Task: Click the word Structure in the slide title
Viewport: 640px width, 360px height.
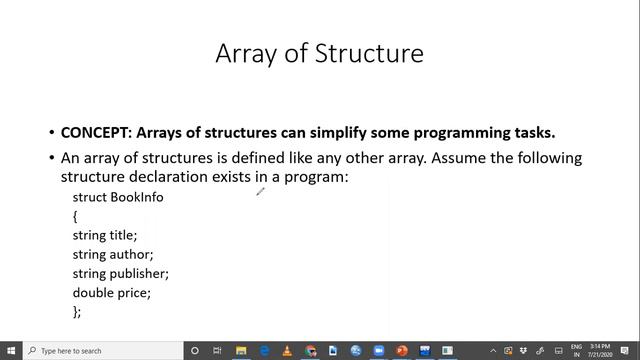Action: pos(369,53)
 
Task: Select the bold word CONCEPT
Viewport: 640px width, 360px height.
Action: pos(95,133)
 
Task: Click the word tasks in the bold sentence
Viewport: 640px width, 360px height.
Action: pos(533,133)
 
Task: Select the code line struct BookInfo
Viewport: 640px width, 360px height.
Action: pos(118,197)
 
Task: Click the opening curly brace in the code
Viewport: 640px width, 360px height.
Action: pos(75,216)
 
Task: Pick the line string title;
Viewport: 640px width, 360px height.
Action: pos(105,235)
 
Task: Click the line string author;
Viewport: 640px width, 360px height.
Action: pos(111,254)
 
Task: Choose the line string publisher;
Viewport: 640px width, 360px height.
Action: pos(120,273)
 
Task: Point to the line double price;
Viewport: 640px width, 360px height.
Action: pos(111,293)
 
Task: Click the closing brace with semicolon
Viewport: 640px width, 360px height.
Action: pos(77,312)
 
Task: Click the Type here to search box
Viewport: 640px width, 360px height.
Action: pos(100,351)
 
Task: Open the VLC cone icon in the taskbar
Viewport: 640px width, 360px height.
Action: pos(288,351)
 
